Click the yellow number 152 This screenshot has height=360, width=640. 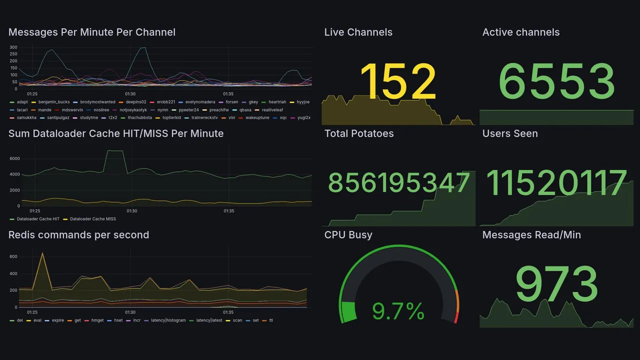coord(398,82)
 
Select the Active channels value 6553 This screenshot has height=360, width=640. coord(556,82)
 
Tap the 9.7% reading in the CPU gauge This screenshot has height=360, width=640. coord(398,311)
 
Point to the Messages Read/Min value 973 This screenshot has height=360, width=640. coord(556,284)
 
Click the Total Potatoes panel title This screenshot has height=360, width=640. coord(359,133)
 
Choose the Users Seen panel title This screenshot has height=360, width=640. coord(510,133)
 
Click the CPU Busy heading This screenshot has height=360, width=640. coord(348,235)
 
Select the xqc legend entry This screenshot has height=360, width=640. coord(283,117)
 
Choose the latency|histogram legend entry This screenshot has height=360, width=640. coord(168,320)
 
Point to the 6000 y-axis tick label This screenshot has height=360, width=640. coord(14,158)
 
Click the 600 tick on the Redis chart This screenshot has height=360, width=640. coord(13,257)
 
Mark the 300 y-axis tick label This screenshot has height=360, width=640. coord(13,47)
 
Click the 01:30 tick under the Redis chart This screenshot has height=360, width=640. coord(130,312)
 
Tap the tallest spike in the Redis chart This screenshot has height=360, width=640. coord(42,253)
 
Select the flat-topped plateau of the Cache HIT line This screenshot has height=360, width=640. coord(115,150)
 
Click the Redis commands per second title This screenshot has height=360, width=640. coord(78,235)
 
